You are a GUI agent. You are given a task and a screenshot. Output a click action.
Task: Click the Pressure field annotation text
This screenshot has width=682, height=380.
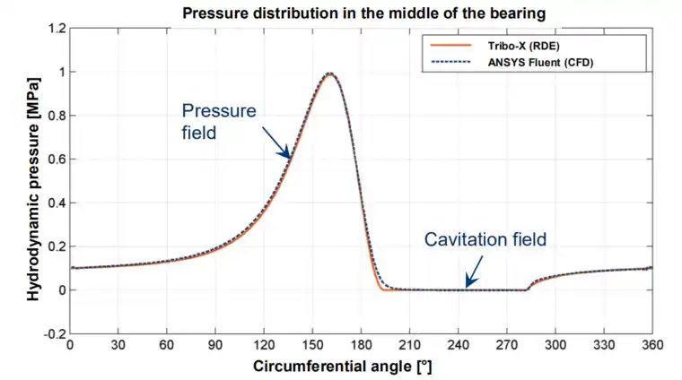pyautogui.click(x=219, y=120)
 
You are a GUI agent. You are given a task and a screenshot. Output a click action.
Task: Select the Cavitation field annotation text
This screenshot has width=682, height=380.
pyautogui.click(x=485, y=239)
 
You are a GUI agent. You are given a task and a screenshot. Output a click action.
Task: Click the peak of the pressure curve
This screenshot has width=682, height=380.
pyautogui.click(x=329, y=73)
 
